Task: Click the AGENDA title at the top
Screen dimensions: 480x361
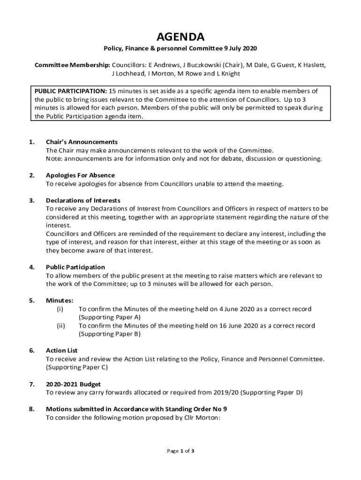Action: click(180, 37)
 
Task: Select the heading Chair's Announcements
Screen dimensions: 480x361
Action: click(82, 142)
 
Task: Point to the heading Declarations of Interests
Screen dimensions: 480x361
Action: click(83, 201)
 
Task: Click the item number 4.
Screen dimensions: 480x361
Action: click(31, 267)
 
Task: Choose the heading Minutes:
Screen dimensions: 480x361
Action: click(60, 300)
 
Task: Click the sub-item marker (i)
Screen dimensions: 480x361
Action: click(60, 309)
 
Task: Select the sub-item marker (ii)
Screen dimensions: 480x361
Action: click(61, 326)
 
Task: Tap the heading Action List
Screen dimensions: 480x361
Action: click(61, 351)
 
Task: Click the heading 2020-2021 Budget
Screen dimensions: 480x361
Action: click(73, 384)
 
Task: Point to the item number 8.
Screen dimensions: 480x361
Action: click(31, 409)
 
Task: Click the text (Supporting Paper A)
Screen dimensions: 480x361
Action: click(109, 317)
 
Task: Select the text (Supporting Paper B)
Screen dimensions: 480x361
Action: click(109, 334)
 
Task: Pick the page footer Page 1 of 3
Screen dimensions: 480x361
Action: click(180, 451)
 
